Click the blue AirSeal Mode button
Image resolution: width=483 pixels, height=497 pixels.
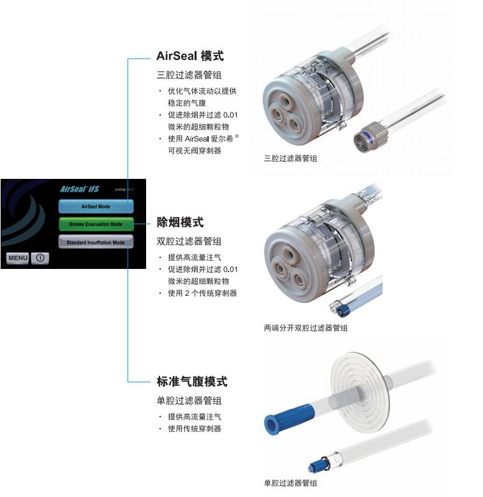pyautogui.click(x=96, y=206)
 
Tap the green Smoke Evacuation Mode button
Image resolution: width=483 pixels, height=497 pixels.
pyautogui.click(x=96, y=224)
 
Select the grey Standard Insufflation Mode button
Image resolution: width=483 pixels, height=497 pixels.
pyautogui.click(x=96, y=242)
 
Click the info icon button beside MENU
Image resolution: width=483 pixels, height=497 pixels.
pyautogui.click(x=40, y=258)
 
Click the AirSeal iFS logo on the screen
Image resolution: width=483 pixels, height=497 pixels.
pyautogui.click(x=80, y=189)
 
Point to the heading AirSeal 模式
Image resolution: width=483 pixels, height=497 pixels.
pyautogui.click(x=190, y=56)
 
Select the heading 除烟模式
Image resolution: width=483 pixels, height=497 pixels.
pyautogui.click(x=180, y=222)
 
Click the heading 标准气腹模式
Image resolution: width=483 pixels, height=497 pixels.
pyautogui.click(x=192, y=381)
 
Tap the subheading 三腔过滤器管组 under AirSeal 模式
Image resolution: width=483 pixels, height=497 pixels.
pyautogui.click(x=189, y=75)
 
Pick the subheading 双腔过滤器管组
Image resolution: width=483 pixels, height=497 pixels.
pyautogui.click(x=189, y=241)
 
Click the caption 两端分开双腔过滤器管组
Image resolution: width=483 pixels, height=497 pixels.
pyautogui.click(x=306, y=328)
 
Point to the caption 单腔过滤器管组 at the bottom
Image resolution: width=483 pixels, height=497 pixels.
pyautogui.click(x=290, y=483)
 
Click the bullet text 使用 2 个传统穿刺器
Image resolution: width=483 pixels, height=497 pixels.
pyautogui.click(x=202, y=293)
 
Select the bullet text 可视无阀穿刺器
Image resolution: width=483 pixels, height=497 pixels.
pyautogui.click(x=195, y=151)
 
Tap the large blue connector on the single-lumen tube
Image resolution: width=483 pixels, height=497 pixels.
pyautogui.click(x=288, y=418)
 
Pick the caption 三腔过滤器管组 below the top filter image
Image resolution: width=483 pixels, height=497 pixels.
pyautogui.click(x=290, y=158)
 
